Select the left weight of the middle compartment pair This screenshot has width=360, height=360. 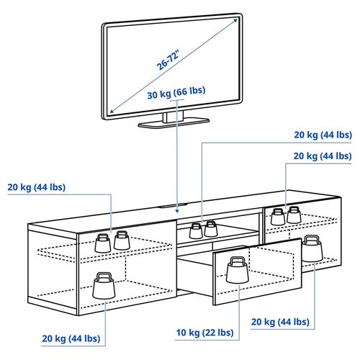pos(195,230)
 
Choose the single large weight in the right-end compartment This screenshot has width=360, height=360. pos(312,248)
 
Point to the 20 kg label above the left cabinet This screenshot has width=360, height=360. pos(36,187)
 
